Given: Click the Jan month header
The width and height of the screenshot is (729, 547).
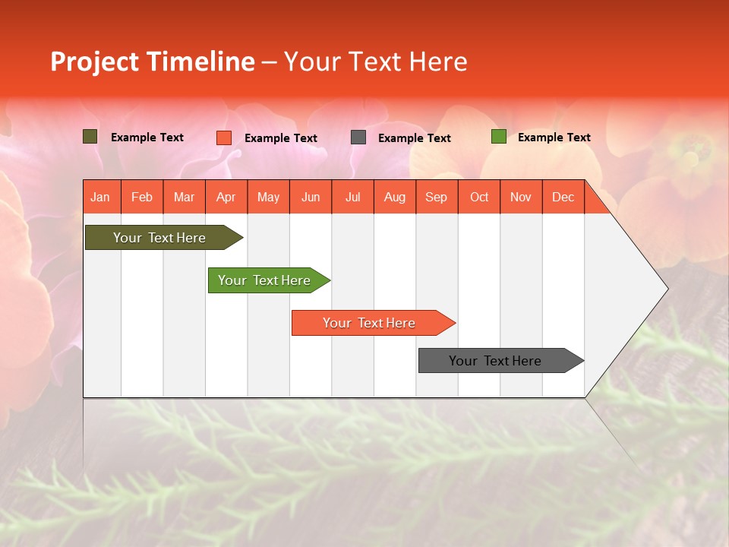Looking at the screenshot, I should [100, 198].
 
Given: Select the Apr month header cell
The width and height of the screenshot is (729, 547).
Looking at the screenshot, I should [226, 198].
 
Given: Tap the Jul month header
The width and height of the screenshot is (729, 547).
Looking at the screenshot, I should [352, 198].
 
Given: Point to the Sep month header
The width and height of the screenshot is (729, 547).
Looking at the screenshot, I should [436, 198].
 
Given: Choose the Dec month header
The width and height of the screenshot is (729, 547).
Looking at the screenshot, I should [563, 198].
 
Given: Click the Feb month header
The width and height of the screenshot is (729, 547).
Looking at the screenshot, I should [142, 198].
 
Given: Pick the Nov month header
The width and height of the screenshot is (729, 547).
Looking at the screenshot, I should [521, 198].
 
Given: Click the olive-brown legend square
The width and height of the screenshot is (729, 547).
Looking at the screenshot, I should [90, 137].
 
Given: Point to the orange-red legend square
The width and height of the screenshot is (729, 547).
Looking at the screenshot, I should [224, 138].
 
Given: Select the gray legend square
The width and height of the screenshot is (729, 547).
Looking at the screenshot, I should [358, 138].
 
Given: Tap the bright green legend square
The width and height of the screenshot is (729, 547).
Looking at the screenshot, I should [499, 137].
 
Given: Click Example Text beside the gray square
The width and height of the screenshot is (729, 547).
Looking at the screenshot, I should [415, 138].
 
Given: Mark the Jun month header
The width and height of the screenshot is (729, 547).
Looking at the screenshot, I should [311, 198].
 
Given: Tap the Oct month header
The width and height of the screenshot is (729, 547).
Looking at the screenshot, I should [479, 198].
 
